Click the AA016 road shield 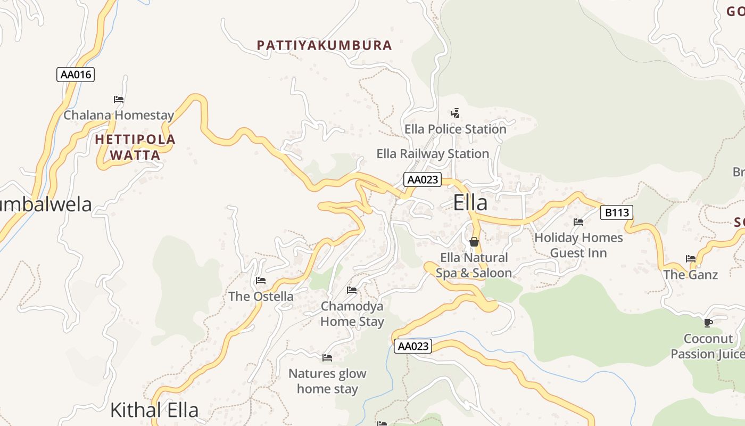pyautogui.click(x=76, y=75)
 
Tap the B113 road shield pyautogui.click(x=617, y=213)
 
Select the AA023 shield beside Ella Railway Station pyautogui.click(x=423, y=179)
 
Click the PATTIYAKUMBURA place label pyautogui.click(x=324, y=45)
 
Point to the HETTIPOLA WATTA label pyautogui.click(x=135, y=148)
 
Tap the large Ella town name pyautogui.click(x=470, y=203)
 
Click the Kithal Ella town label pyautogui.click(x=154, y=410)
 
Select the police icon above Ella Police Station pyautogui.click(x=455, y=113)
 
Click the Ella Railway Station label pyautogui.click(x=433, y=154)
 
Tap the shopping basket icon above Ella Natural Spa pyautogui.click(x=474, y=242)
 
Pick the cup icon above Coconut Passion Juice pyautogui.click(x=708, y=323)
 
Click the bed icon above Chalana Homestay pyautogui.click(x=119, y=100)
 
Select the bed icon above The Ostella pyautogui.click(x=261, y=281)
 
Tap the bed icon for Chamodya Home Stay pyautogui.click(x=352, y=290)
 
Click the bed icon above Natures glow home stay pyautogui.click(x=327, y=358)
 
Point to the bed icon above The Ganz pyautogui.click(x=691, y=259)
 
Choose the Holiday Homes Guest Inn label pyautogui.click(x=578, y=245)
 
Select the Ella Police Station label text pyautogui.click(x=455, y=129)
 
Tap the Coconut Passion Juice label pyautogui.click(x=708, y=346)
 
